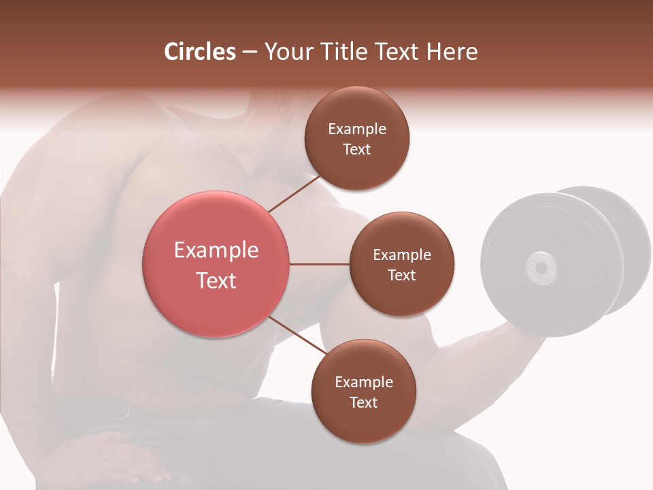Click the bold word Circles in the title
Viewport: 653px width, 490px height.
coord(200,52)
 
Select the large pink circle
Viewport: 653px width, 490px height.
coord(216,264)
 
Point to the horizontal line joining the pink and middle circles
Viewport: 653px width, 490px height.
coord(319,264)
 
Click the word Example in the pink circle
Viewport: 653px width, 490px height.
coord(216,250)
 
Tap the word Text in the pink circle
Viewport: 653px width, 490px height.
coord(216,280)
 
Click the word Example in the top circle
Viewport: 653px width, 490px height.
coord(357,129)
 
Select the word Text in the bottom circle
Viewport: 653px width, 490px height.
coord(363,402)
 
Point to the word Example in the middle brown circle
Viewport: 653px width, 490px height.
coord(402,255)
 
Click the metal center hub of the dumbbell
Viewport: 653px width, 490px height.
coord(541,267)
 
